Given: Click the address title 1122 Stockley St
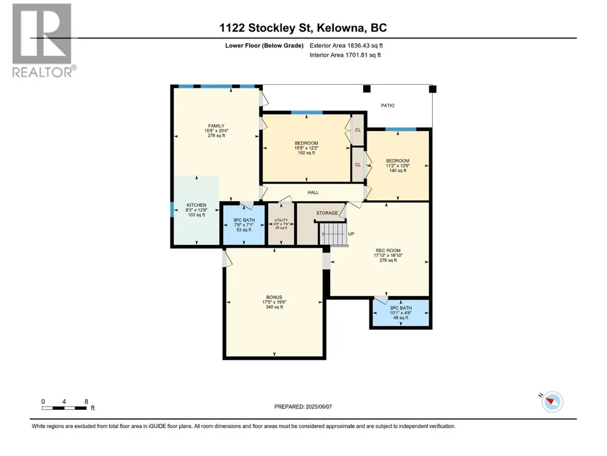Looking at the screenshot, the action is [x=266, y=28].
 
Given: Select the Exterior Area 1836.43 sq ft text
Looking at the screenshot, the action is [x=346, y=46].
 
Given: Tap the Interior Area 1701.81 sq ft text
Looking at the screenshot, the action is [x=345, y=55].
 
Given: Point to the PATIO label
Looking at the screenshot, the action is [x=387, y=106].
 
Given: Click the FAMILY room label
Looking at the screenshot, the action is [x=216, y=126].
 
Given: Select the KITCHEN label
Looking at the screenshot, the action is [x=196, y=205].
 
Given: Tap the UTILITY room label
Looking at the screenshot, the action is [x=281, y=220].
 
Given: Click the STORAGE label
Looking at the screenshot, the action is [x=327, y=213].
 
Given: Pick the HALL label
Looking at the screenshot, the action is [x=313, y=192].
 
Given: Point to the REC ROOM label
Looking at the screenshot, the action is [x=388, y=250].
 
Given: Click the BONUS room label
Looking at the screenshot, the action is [x=274, y=298].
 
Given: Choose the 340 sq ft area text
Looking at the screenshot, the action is [x=274, y=307].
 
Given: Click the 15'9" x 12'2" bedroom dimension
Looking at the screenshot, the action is [x=306, y=148].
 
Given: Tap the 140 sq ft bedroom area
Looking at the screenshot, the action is [x=397, y=171].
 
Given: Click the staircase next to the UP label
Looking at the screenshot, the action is [x=333, y=234].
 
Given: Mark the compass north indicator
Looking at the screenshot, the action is [x=552, y=401].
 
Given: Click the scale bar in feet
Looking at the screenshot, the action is [x=65, y=408].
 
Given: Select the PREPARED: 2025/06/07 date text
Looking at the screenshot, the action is [x=303, y=407].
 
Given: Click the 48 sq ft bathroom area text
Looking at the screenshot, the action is [x=401, y=318].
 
